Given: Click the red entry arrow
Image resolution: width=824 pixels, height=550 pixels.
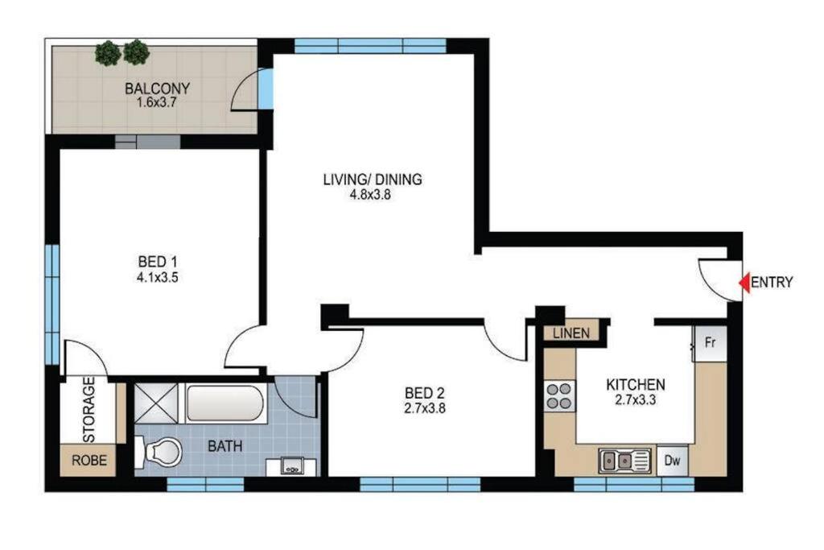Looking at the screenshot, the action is pos(744,283).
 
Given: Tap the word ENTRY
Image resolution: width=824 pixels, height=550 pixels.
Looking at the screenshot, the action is pos(772,283).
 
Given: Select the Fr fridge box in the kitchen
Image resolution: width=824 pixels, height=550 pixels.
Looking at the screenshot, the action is pos(710,343).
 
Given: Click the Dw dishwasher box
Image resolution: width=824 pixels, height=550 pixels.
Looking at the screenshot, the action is pos(672,461).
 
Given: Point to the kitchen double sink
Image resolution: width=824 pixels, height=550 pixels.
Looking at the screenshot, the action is pos(624,461).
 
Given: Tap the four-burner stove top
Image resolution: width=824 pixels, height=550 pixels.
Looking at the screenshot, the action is pos(559,396).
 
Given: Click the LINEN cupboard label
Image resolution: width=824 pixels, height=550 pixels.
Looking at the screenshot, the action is pos(571,333).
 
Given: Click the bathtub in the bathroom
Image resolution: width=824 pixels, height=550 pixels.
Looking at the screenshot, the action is pos(225,403).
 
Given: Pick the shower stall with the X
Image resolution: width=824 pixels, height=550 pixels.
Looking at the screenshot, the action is pos(156,403).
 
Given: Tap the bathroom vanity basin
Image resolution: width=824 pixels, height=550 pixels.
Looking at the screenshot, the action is pos(291,466).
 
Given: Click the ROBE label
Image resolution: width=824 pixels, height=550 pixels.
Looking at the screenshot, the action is pos(89,461).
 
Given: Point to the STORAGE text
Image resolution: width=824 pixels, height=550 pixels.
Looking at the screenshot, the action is pos(89,410).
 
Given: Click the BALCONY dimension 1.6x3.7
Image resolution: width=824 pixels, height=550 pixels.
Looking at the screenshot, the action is pos(157,102).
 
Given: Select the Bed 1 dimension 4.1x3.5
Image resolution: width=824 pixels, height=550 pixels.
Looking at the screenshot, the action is pos(158,277).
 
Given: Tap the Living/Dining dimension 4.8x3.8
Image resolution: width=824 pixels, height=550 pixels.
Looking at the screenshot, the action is pos(371,195).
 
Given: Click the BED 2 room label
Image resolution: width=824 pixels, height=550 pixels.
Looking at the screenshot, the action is pos(425,393).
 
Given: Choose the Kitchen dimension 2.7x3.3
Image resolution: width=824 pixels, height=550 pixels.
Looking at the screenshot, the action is pos(636,400).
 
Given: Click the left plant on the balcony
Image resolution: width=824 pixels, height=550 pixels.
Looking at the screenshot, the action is pos(109,53).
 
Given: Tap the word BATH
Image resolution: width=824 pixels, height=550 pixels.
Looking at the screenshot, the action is pos(225,446).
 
